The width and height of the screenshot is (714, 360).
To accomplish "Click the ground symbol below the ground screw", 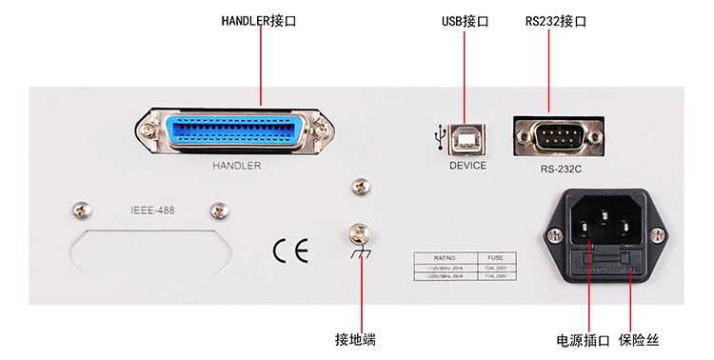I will point(359,254).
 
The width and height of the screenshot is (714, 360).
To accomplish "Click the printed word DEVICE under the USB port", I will point(467,166).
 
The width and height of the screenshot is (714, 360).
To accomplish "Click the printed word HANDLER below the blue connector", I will point(236,165).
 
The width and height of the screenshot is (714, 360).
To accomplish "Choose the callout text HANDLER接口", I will point(258,20).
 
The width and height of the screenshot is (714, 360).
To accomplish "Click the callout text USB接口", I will point(465,20).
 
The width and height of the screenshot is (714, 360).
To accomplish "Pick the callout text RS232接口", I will point(555,20).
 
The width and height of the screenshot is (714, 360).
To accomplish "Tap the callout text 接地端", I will point(361,339).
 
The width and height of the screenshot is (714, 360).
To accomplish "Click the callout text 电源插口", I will point(583,339).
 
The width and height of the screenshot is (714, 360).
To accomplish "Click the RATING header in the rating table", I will point(446,257).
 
